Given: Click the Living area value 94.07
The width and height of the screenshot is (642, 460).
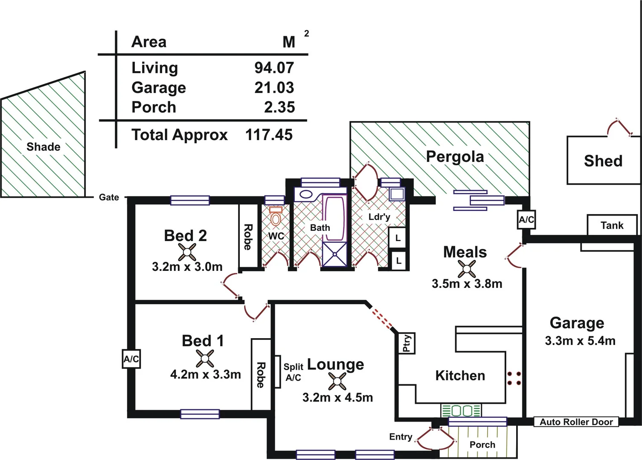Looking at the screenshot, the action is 274,68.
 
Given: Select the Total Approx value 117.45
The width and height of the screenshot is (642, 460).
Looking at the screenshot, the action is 269,135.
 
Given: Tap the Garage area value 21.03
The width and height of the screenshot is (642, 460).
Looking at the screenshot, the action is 274,88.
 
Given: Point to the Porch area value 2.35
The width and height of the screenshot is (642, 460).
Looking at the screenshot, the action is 279,107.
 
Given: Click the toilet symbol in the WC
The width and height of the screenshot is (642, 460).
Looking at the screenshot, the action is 276,217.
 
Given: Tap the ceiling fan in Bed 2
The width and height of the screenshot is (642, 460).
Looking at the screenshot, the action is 187,252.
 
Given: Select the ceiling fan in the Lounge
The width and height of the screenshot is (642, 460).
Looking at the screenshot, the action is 337,381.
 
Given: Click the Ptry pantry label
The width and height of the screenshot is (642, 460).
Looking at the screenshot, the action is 407,343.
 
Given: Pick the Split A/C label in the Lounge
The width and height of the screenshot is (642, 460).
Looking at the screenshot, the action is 293,372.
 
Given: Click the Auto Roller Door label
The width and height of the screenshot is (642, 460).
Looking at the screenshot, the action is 576,422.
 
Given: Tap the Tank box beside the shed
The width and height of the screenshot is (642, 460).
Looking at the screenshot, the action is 612,225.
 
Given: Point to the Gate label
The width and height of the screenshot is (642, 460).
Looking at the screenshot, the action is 109,197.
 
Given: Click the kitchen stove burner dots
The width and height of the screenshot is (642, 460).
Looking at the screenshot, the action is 514,378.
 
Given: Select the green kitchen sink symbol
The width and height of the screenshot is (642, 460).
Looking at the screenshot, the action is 461,411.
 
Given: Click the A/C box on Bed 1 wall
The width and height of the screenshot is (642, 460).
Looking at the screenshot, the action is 131,359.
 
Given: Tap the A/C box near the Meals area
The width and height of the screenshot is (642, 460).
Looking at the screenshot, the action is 526,220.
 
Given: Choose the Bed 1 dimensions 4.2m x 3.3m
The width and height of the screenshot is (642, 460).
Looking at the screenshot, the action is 205,374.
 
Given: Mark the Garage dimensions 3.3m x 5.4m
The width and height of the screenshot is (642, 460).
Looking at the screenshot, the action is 580,341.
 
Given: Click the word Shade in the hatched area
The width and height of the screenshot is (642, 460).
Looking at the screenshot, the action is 43,147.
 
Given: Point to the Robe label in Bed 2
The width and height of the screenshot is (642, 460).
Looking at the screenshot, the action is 248,237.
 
